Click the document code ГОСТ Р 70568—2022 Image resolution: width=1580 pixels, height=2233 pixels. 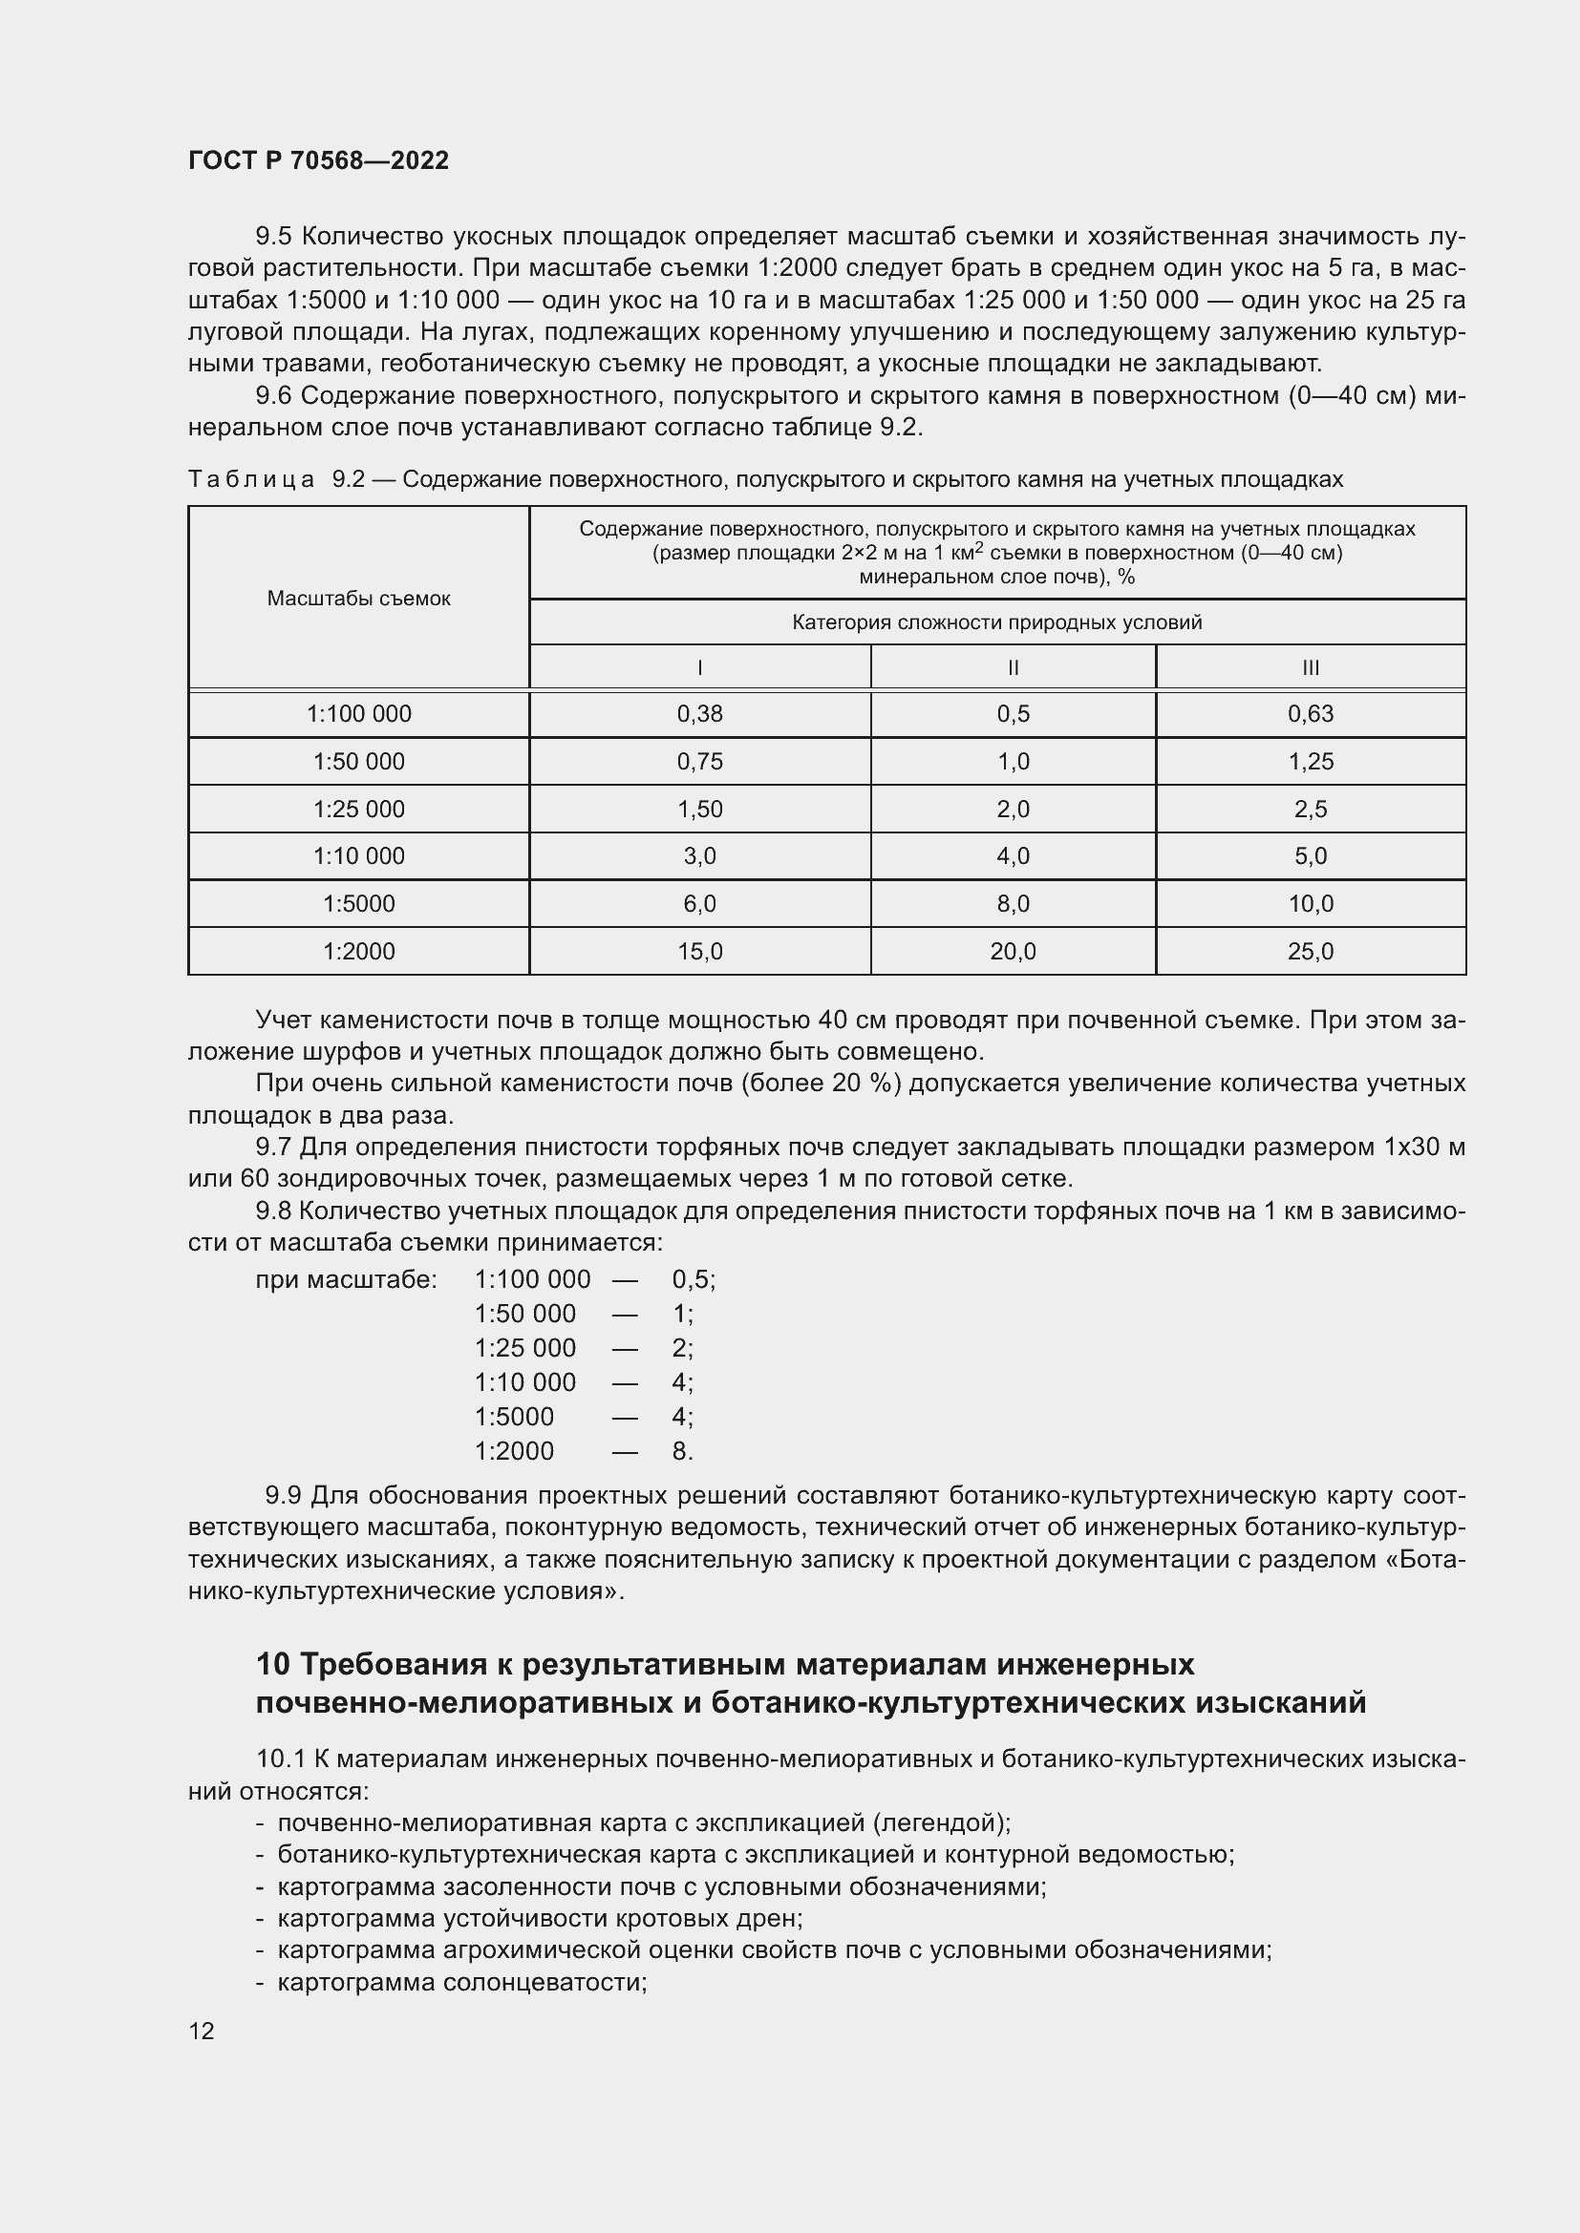click(318, 160)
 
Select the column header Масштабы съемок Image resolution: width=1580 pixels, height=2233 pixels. click(358, 599)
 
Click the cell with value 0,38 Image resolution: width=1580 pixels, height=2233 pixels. click(699, 714)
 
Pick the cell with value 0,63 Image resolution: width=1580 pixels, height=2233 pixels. click(1310, 714)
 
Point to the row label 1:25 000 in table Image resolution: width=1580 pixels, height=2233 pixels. click(358, 810)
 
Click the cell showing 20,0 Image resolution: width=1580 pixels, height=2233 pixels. click(1012, 951)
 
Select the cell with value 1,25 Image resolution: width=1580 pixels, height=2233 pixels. click(1310, 762)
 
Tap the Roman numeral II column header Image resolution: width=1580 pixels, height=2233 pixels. click(1012, 668)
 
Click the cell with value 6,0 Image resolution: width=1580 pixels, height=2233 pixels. click(699, 903)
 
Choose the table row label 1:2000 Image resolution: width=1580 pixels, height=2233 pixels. click(358, 951)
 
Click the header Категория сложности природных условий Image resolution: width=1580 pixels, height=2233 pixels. click(996, 622)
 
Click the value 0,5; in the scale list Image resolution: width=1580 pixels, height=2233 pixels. click(693, 1279)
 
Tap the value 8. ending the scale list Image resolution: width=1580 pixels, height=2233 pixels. click(682, 1451)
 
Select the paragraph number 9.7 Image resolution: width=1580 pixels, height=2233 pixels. click(273, 1148)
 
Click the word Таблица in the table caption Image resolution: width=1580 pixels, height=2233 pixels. click(251, 479)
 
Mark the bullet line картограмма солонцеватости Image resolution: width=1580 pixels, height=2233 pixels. click(462, 1982)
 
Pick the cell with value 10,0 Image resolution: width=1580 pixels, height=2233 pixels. click(1310, 903)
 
